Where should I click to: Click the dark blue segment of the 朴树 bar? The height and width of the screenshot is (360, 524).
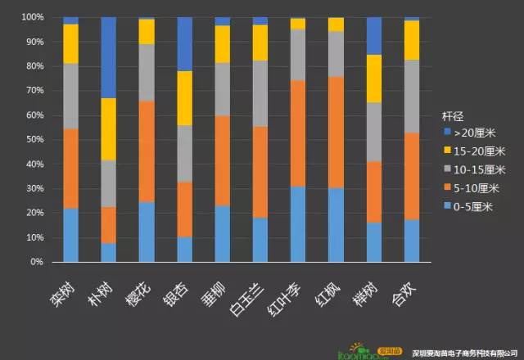109,57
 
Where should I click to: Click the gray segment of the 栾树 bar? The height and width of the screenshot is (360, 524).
71,96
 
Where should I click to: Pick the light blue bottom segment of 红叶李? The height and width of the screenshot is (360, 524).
298,224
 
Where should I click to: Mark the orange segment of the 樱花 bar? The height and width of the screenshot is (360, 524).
147,151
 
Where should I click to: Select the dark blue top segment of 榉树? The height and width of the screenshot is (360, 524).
374,35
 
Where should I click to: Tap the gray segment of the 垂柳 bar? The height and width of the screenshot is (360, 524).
223,89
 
